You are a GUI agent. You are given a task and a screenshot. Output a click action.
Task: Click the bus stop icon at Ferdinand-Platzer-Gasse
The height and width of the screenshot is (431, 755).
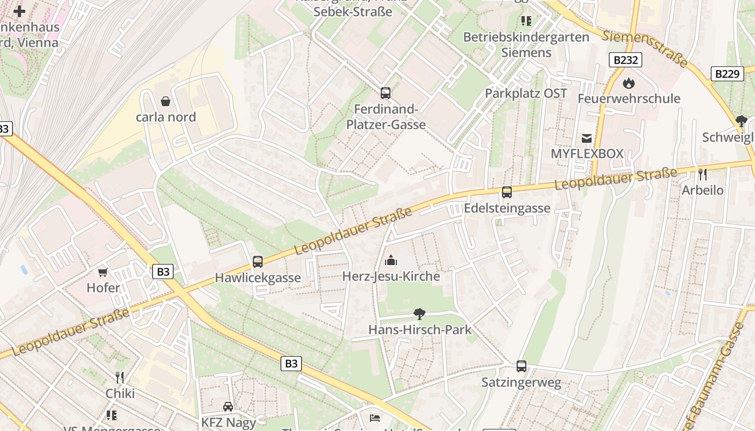point(385,93)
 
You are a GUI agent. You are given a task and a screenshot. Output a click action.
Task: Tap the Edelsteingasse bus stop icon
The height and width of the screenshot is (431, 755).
point(507,192)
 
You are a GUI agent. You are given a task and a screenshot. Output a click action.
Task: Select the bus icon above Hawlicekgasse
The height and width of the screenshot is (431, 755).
point(258,262)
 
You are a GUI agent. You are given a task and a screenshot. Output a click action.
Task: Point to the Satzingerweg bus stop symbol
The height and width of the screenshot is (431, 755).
point(521,366)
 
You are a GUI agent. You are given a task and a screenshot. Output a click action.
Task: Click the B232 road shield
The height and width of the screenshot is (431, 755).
point(626,60)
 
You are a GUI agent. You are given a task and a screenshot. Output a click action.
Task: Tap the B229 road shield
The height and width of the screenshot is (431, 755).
point(727,74)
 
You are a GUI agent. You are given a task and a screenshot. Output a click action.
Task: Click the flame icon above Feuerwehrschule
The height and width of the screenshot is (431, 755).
point(629,83)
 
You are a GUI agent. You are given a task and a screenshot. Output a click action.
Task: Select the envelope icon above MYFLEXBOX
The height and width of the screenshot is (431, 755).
point(587,138)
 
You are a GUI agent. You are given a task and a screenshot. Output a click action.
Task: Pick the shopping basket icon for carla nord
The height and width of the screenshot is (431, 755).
point(166,101)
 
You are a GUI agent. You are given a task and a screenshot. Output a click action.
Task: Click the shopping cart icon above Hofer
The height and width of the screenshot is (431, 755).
point(103,272)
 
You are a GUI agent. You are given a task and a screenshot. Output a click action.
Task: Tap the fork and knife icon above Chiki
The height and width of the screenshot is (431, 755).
point(120,377)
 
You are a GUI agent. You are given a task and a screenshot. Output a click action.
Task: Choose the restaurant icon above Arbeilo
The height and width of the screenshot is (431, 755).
point(702,174)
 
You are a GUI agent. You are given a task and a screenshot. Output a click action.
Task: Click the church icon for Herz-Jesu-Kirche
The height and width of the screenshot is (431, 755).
point(391,261)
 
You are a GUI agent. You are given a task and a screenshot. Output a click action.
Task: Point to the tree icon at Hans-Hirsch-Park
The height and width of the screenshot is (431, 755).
point(419,314)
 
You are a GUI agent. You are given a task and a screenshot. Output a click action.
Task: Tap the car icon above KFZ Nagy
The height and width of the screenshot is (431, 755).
point(228,406)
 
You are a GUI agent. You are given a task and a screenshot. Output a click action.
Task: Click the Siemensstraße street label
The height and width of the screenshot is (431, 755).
point(645,49)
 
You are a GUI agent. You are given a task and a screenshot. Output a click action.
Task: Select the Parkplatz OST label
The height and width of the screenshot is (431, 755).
point(526,93)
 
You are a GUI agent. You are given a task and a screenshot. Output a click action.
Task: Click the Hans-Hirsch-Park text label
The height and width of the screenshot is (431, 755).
point(420,330)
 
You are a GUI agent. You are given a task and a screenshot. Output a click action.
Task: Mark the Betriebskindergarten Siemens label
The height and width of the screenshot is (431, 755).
point(526,45)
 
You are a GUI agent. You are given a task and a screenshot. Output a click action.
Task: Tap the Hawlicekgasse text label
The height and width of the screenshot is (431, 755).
point(258,278)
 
